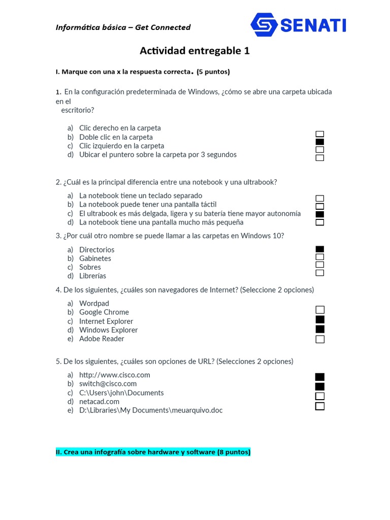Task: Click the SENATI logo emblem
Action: tap(264, 24)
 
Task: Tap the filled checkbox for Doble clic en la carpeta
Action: tap(320, 142)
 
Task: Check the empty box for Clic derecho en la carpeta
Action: tap(320, 134)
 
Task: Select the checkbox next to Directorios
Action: tap(320, 249)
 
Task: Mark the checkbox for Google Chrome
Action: tap(320, 310)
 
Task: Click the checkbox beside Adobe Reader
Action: tap(320, 339)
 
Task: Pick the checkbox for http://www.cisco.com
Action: tap(320, 377)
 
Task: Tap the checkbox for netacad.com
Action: tap(320, 406)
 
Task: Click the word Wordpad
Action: tap(94, 304)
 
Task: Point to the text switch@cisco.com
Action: tap(108, 384)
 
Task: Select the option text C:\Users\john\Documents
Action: tap(121, 393)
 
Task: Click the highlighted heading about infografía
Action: tap(153, 452)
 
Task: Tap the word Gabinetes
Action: tap(95, 258)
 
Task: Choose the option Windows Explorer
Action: tap(108, 330)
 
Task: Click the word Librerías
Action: tap(92, 276)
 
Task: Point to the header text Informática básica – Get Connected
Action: tap(123, 27)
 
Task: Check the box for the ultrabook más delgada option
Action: tap(320, 214)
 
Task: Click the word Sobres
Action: tap(90, 267)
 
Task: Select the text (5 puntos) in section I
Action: tap(213, 72)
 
